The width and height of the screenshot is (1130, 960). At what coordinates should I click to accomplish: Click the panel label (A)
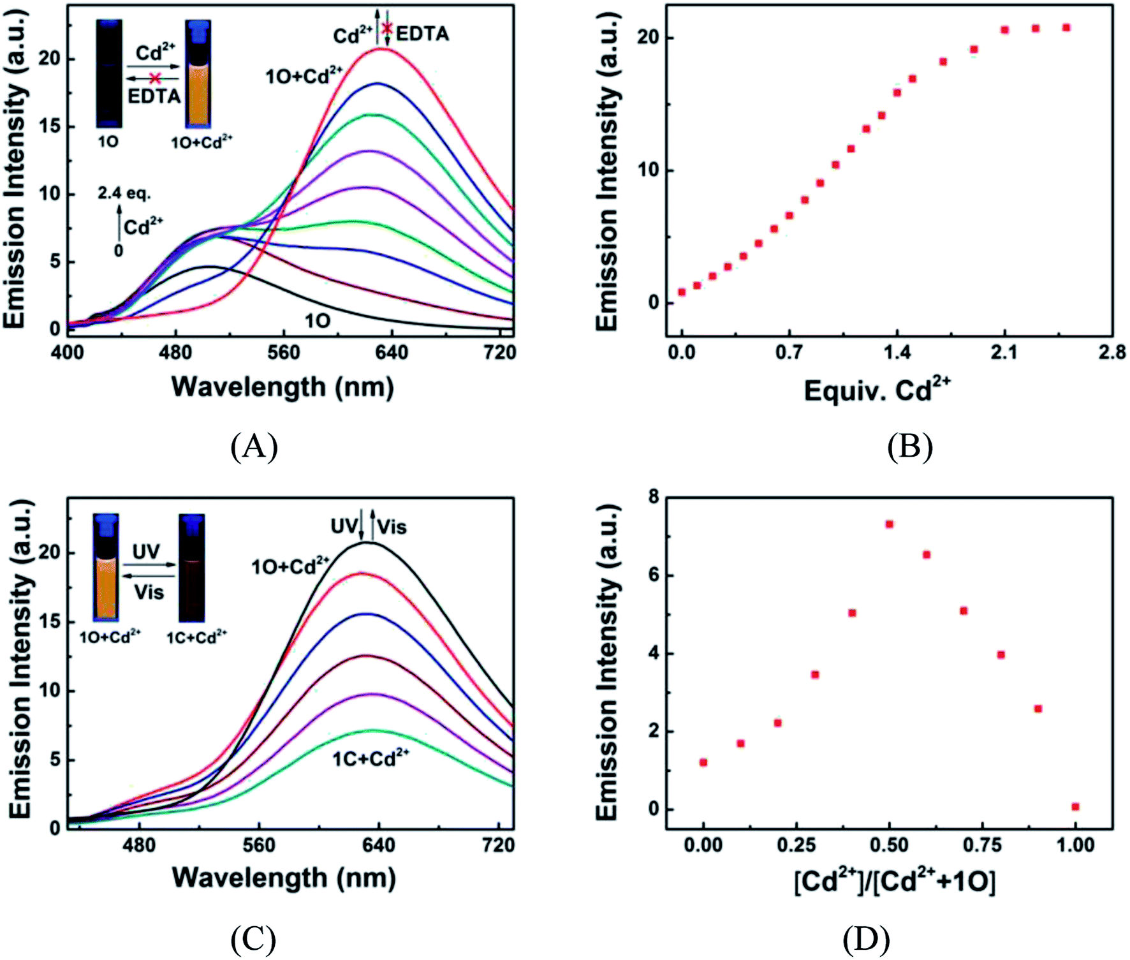tap(254, 447)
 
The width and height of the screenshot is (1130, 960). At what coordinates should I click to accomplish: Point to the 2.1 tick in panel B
tap(1004, 352)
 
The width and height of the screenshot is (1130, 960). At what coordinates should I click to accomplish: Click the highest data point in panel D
tap(889, 524)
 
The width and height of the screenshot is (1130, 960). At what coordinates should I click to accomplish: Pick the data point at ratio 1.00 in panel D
tap(1075, 807)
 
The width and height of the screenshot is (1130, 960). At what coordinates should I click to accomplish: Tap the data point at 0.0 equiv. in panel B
tap(682, 292)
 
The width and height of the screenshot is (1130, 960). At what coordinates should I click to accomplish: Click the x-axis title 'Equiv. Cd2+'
tap(877, 389)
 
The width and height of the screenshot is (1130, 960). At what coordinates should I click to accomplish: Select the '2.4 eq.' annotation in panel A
tap(124, 193)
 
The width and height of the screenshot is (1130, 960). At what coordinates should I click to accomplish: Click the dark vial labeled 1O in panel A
tap(109, 73)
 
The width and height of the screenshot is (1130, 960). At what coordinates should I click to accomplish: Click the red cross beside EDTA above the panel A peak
tap(386, 28)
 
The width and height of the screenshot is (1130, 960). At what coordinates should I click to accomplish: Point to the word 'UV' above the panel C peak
tap(344, 526)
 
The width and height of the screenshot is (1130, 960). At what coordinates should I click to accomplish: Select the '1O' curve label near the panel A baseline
tap(317, 320)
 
